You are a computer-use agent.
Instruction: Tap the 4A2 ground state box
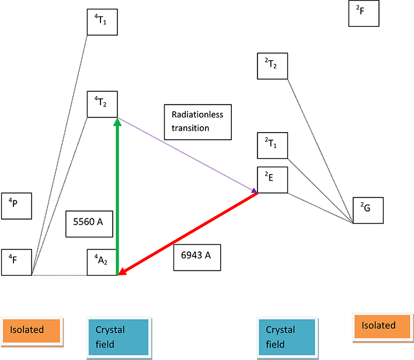(102, 261)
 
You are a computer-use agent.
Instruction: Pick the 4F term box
(16, 261)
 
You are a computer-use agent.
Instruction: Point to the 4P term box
(16, 206)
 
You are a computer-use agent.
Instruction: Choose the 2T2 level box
(273, 65)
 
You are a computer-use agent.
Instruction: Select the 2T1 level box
(273, 146)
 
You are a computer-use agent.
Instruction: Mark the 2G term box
(368, 209)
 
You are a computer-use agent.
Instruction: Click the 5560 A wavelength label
(89, 224)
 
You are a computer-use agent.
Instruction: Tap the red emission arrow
(187, 233)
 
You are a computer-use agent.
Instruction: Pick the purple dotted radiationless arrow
(187, 155)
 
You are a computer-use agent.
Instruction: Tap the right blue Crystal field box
(288, 338)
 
